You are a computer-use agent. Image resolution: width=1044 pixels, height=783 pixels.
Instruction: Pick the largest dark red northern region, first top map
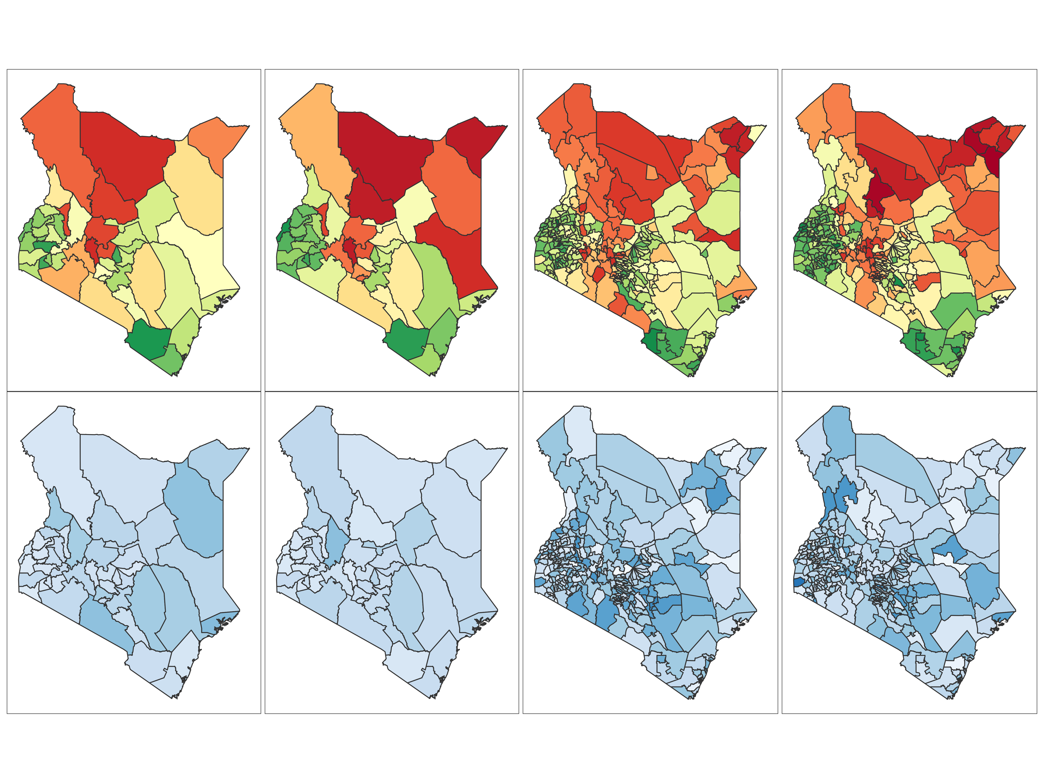[x=127, y=151]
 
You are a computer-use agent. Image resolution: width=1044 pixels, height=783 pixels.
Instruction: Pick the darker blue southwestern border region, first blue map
[x=106, y=623]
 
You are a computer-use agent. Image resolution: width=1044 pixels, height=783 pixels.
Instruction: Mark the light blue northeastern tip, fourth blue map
[x=1015, y=455]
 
